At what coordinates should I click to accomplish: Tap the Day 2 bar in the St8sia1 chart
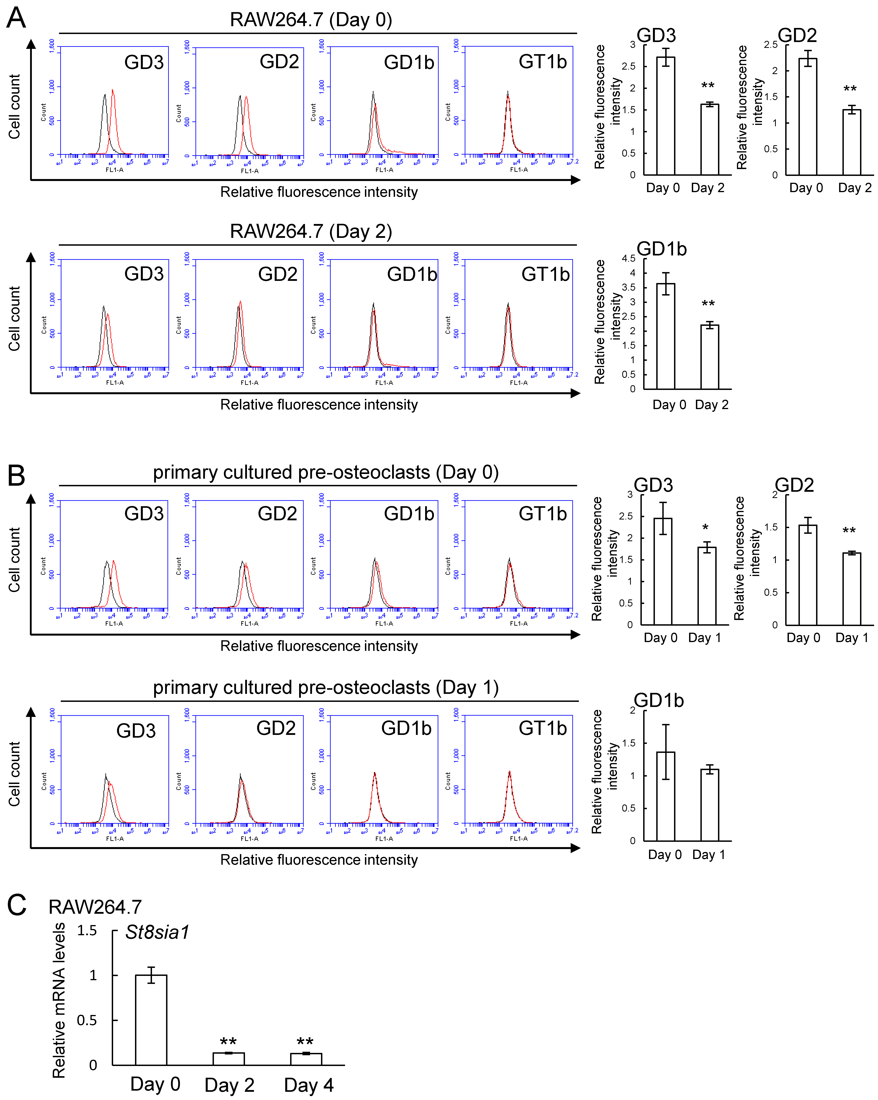click(228, 1059)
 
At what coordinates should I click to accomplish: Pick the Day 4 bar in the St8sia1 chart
click(306, 1059)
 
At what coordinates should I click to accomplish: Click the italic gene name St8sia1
click(157, 932)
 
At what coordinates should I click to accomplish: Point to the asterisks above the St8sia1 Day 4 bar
click(305, 1041)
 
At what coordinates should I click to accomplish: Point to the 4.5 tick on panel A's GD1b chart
click(629, 258)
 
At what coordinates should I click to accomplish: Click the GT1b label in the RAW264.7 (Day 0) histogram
click(543, 62)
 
